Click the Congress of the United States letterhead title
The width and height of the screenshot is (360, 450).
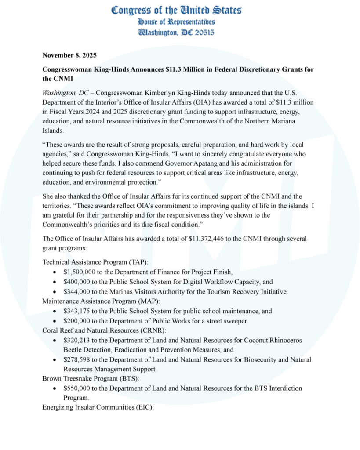tap(176, 10)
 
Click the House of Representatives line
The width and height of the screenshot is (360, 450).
tap(176, 22)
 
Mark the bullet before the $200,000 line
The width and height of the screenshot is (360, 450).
tap(54, 321)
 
